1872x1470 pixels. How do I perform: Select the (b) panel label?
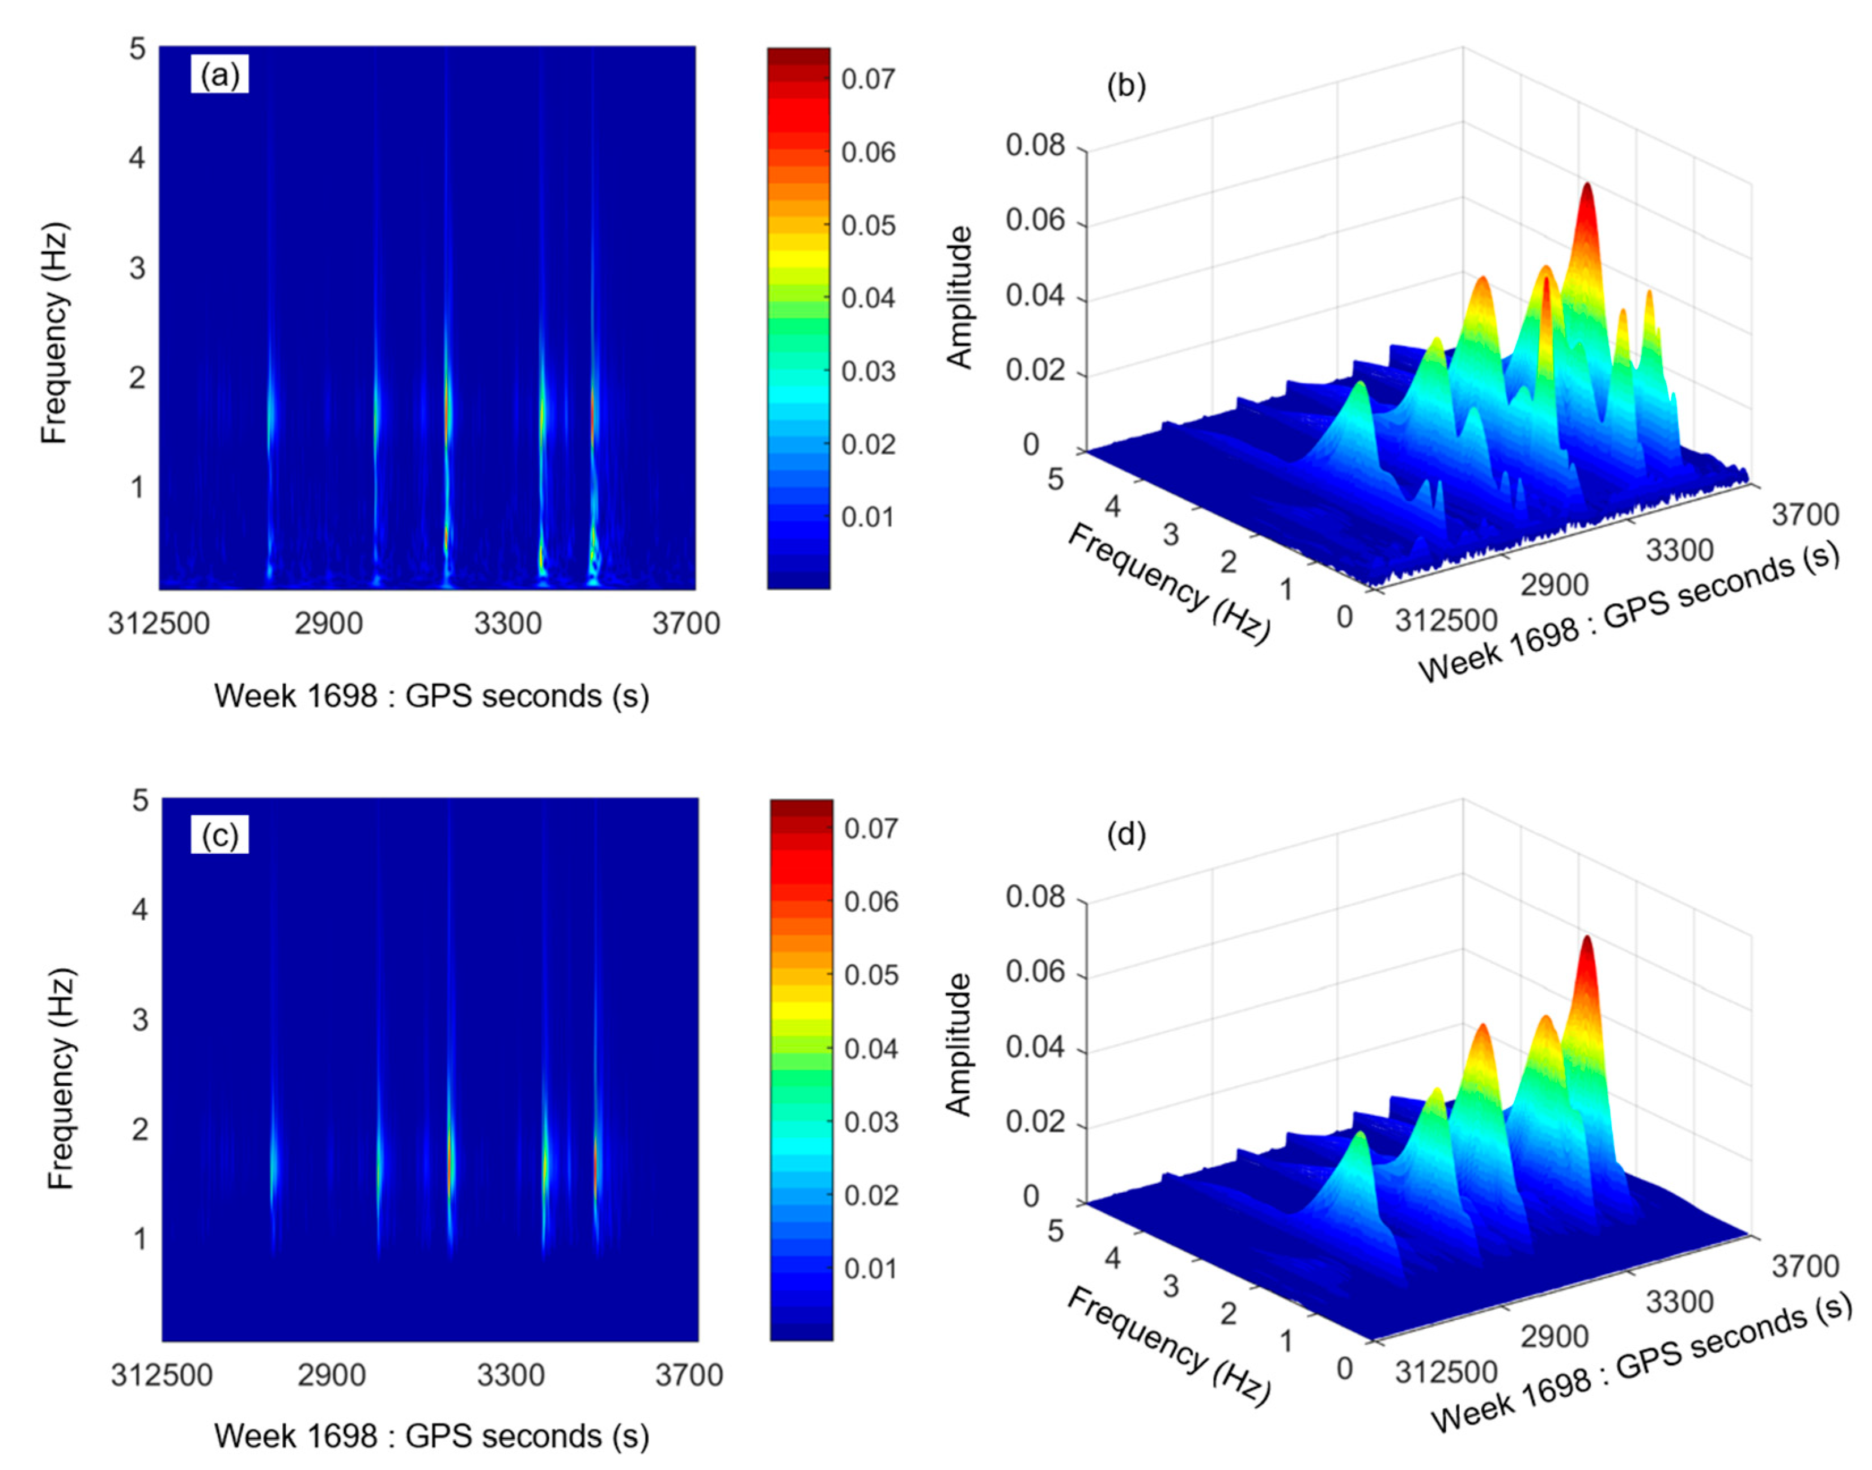tap(1126, 86)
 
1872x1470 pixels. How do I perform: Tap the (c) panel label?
tap(219, 835)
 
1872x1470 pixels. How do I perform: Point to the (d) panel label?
tap(1126, 835)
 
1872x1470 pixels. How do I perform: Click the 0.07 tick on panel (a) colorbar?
tap(867, 79)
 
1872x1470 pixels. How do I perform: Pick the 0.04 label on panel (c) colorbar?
tap(870, 1049)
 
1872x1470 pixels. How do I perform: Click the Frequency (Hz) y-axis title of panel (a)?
tap(54, 334)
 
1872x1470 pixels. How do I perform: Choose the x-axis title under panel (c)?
tap(431, 1435)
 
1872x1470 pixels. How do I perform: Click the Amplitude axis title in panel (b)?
tap(959, 297)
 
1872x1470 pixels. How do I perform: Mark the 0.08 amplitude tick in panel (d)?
tap(1035, 897)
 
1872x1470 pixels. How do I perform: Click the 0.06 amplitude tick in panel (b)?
tap(1035, 221)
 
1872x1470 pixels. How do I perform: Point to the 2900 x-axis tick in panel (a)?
tap(328, 622)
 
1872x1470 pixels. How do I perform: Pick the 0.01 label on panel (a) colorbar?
tap(867, 517)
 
